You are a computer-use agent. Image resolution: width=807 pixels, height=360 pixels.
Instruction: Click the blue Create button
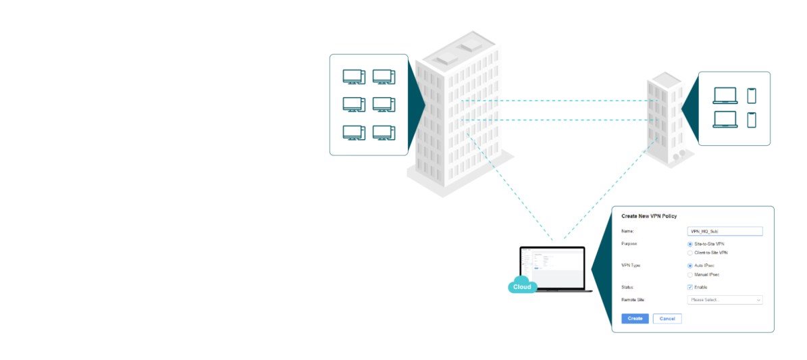click(x=635, y=318)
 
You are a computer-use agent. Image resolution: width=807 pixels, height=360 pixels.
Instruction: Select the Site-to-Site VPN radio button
click(x=689, y=244)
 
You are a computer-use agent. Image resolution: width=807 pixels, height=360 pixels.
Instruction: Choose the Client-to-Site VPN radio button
click(x=689, y=253)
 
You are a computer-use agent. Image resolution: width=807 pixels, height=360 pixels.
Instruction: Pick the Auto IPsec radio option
click(x=689, y=266)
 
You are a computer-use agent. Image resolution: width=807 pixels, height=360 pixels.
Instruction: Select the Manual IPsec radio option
click(x=689, y=275)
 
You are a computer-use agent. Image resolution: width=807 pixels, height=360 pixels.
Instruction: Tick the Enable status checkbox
click(x=689, y=287)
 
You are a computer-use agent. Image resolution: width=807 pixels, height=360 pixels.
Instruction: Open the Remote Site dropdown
click(x=725, y=300)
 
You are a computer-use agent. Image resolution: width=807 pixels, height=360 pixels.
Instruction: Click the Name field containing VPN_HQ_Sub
click(x=725, y=231)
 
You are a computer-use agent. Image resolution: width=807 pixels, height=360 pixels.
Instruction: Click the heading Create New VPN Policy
click(x=649, y=216)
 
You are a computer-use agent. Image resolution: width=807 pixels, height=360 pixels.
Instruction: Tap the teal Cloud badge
click(x=522, y=286)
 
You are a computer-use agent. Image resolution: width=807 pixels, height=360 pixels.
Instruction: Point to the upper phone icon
click(x=752, y=95)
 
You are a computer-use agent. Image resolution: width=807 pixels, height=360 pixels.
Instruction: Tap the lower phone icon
click(x=752, y=120)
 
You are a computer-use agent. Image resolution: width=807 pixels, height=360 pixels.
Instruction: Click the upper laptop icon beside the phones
click(x=725, y=95)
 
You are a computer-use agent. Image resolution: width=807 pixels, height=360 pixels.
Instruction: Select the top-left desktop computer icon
click(x=353, y=77)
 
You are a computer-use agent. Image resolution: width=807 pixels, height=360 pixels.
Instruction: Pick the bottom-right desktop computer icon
click(x=384, y=133)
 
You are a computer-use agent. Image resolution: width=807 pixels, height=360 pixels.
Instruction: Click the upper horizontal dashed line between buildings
click(x=554, y=101)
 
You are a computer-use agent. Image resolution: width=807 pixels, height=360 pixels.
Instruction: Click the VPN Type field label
click(x=631, y=266)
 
